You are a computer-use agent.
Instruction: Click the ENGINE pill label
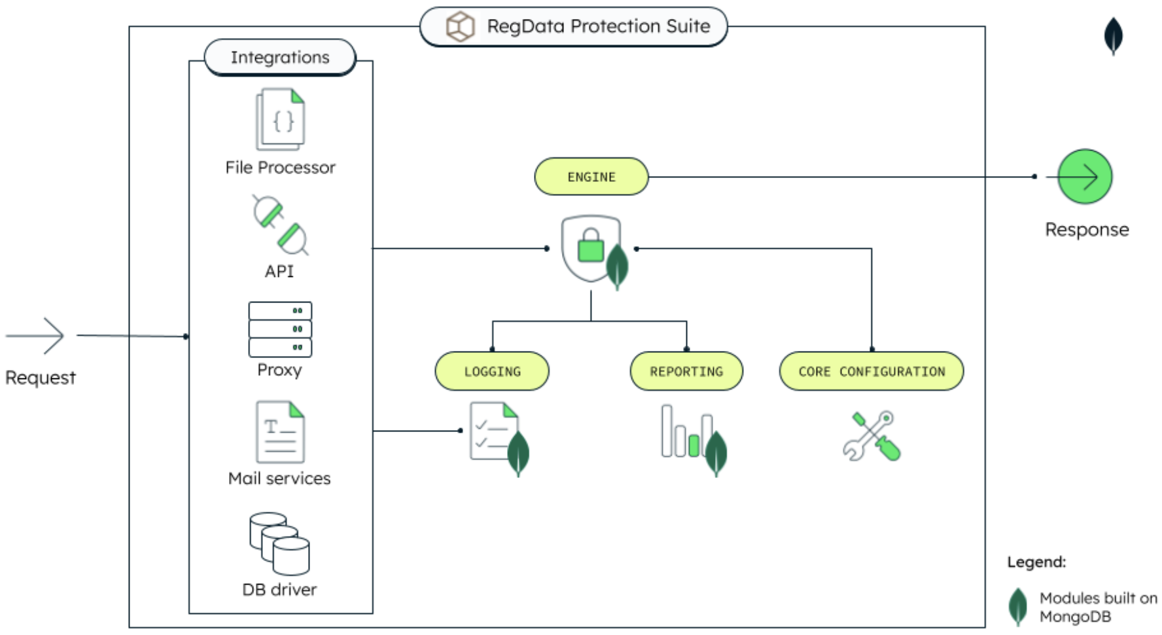pyautogui.click(x=591, y=177)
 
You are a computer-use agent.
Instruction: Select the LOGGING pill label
pyautogui.click(x=492, y=371)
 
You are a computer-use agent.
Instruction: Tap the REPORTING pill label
pyautogui.click(x=686, y=371)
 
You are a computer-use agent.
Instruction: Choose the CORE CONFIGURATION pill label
pyautogui.click(x=871, y=371)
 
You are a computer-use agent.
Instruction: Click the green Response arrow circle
pyautogui.click(x=1085, y=177)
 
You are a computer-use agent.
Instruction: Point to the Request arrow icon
pyautogui.click(x=37, y=336)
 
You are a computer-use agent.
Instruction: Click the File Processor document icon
pyautogui.click(x=281, y=120)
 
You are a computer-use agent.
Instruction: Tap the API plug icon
pyautogui.click(x=280, y=225)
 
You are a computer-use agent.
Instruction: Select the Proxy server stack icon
pyautogui.click(x=280, y=329)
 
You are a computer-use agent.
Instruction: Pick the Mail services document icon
pyautogui.click(x=280, y=433)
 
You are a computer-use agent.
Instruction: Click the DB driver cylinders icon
pyautogui.click(x=279, y=543)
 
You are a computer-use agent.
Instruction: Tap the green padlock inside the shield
pyautogui.click(x=590, y=246)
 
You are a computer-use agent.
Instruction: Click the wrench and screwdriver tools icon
pyautogui.click(x=871, y=436)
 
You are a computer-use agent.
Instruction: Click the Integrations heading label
pyautogui.click(x=280, y=58)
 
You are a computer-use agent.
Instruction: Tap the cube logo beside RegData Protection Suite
pyautogui.click(x=460, y=27)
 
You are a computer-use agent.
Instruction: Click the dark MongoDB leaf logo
pyautogui.click(x=1113, y=36)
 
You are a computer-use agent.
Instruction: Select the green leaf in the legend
pyautogui.click(x=1017, y=606)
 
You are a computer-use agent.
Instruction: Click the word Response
pyautogui.click(x=1087, y=230)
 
